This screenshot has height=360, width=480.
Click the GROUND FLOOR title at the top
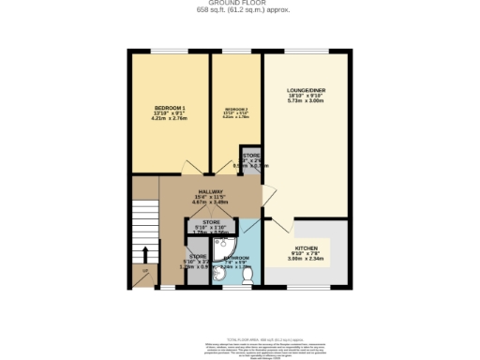tap(240, 3)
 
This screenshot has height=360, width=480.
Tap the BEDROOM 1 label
tap(170, 109)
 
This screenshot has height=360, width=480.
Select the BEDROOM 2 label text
tap(234, 110)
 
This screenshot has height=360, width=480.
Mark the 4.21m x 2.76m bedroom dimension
tap(170, 120)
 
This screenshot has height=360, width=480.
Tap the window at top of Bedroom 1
tap(169, 51)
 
